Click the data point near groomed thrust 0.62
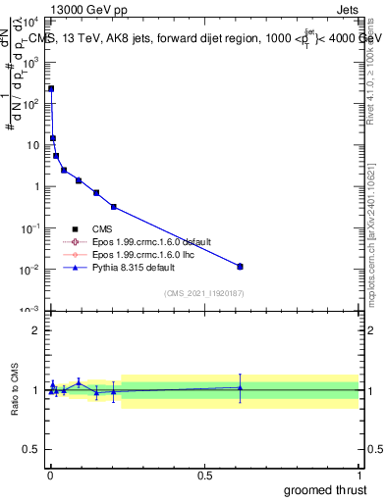click(240, 266)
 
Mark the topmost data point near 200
click(51, 88)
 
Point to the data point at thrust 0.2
click(114, 207)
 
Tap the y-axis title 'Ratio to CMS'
click(13, 389)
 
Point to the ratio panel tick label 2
click(35, 330)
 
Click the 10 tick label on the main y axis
click(32, 145)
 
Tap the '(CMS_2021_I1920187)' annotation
click(203, 292)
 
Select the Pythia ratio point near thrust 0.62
click(240, 387)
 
